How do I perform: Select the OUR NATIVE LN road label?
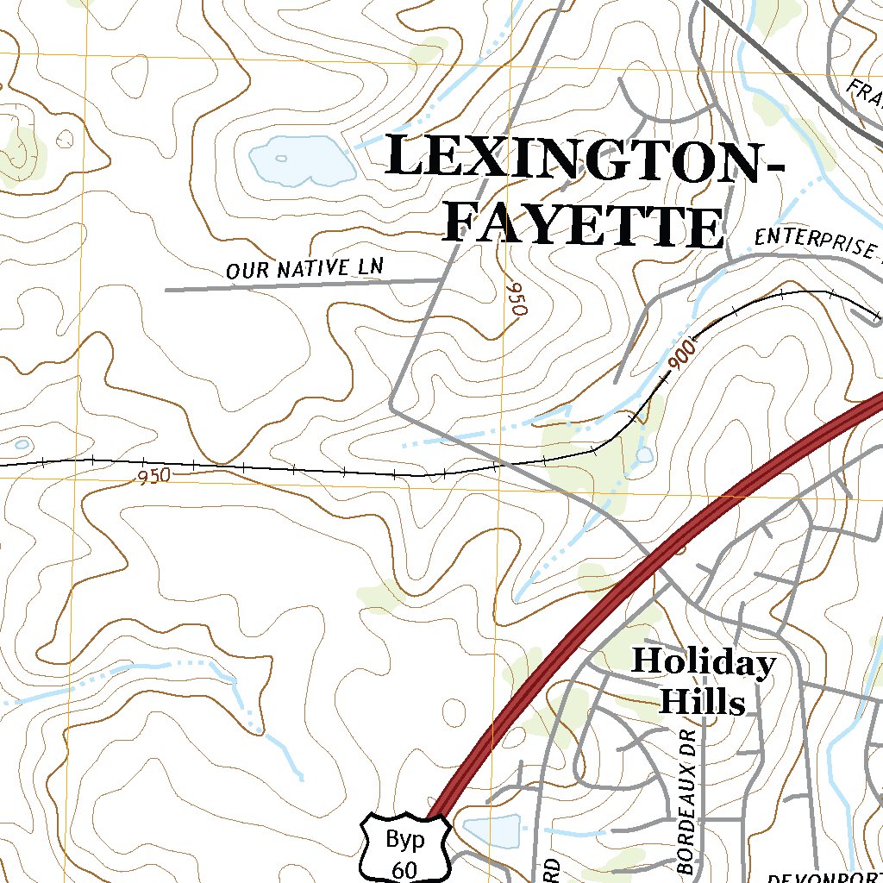(x=304, y=268)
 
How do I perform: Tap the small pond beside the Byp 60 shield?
(x=492, y=830)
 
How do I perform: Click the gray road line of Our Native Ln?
(x=259, y=286)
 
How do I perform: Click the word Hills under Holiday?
(x=702, y=702)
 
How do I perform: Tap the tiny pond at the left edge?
(x=22, y=444)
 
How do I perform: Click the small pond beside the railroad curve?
(x=644, y=454)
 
